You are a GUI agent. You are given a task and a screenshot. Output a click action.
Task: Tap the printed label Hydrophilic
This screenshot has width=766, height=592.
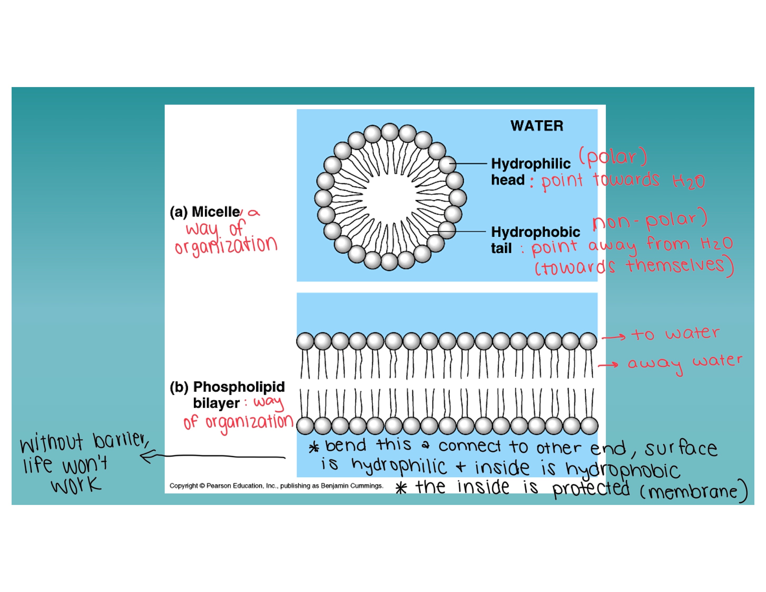[531, 164]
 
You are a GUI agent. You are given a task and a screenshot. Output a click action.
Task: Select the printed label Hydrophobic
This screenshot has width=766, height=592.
[535, 232]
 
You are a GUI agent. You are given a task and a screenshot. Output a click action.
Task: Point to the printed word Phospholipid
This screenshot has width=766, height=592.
[239, 386]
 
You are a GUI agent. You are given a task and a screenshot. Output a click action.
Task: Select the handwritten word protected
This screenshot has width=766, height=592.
[591, 489]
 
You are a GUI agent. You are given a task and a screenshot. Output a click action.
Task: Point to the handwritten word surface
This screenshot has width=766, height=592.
[681, 448]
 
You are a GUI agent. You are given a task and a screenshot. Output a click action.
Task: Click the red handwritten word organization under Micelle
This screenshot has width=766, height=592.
[226, 246]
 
